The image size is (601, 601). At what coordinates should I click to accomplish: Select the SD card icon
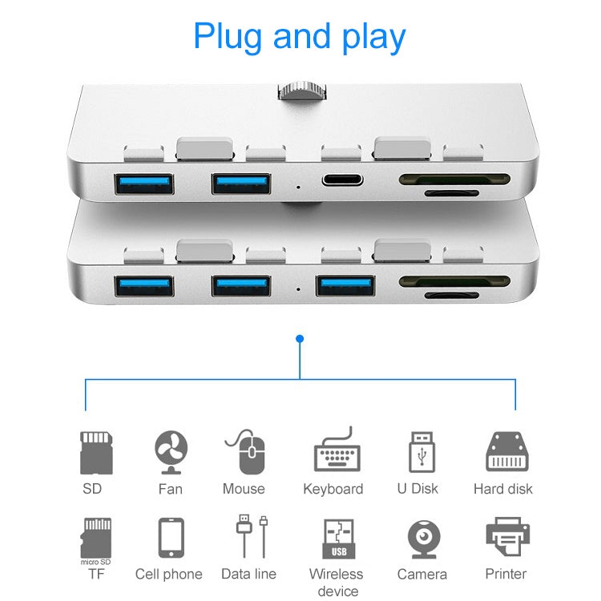pos(95,452)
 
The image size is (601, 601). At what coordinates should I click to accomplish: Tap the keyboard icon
pos(336,450)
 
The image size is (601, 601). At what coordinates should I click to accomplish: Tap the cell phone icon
pos(171,538)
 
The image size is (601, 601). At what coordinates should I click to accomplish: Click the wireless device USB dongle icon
pos(337,539)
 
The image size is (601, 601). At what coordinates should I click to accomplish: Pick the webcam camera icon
pos(422,538)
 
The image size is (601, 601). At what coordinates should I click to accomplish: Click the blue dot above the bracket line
pos(300,339)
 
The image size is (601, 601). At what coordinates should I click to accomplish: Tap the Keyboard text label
pos(333,489)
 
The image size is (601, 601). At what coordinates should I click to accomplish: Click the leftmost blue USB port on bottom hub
pos(143,285)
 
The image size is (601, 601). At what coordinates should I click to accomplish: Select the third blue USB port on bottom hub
pos(345,285)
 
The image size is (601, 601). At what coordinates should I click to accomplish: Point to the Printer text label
pos(506,574)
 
